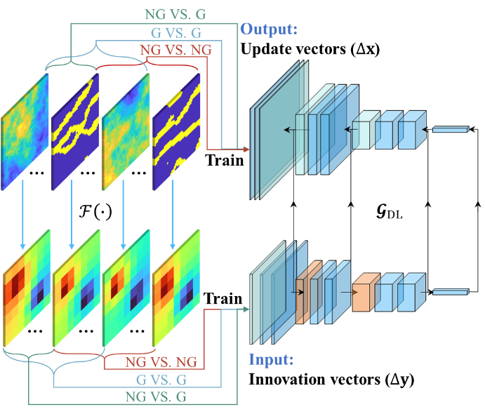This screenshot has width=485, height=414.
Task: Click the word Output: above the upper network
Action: coord(270,29)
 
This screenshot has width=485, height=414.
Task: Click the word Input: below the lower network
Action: coord(270,360)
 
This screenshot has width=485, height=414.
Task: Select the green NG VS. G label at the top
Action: coord(175,14)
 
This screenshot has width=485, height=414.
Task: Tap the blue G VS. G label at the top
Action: coord(176,32)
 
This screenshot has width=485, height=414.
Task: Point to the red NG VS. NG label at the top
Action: coord(175,50)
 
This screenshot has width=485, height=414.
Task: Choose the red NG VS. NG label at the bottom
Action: coord(161,363)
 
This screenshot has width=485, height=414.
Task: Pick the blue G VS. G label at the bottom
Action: coord(162,380)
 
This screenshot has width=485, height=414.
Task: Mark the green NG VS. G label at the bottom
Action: coord(161,396)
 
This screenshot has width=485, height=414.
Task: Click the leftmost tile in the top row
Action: coord(25,131)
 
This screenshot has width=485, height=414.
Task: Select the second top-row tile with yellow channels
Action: coord(76,131)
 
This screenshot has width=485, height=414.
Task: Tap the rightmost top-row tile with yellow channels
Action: coord(177,131)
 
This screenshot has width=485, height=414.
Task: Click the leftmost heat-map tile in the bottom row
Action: coord(27,288)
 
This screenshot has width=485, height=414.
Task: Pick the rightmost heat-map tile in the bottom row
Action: coord(177,288)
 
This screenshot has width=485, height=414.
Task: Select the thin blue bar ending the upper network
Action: coord(450,129)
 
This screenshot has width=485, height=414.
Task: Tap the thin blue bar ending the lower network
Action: coord(450,291)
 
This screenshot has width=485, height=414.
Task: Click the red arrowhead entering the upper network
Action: coord(246,149)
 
